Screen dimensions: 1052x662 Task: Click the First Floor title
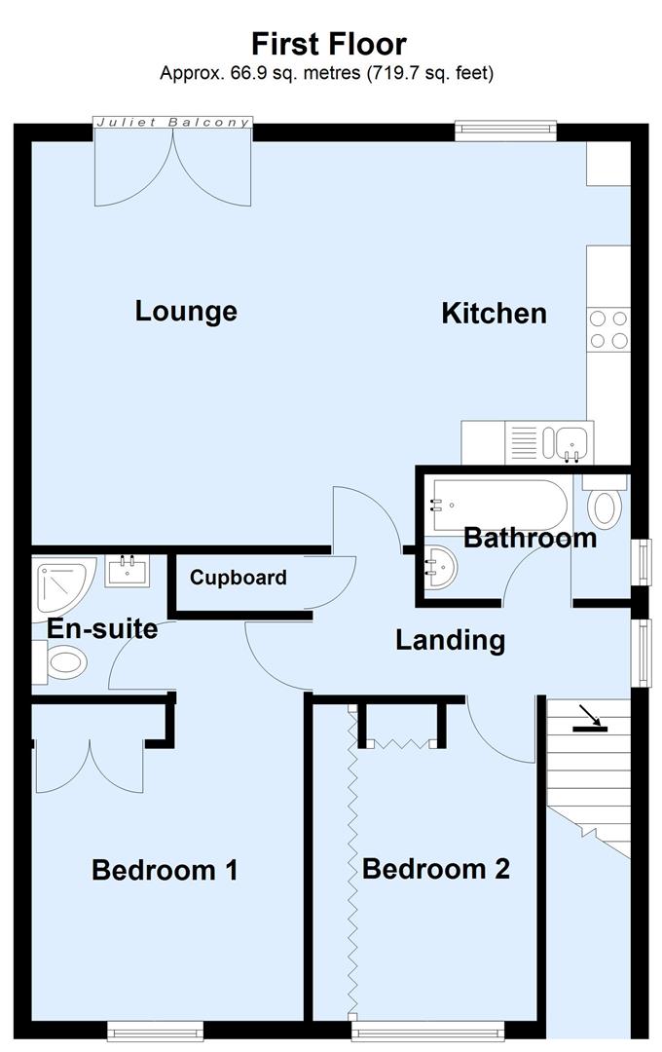coord(329,44)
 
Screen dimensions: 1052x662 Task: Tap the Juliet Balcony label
coord(173,123)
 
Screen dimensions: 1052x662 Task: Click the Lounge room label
coord(186,312)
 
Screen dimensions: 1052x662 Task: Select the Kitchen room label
coord(494,314)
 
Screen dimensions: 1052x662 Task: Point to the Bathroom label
coord(530,538)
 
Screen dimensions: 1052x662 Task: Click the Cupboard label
coord(239,578)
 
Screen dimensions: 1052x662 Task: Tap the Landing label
coord(450,640)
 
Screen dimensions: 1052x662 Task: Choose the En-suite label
coord(102,629)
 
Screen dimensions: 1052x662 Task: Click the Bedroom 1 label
coord(165,869)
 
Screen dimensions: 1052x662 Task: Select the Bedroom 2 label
coord(436,868)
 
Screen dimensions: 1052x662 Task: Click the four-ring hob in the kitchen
coord(608,328)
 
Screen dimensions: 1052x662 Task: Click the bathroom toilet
coord(606,503)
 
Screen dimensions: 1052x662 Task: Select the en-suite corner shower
coord(60,584)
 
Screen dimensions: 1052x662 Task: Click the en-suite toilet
coord(61,664)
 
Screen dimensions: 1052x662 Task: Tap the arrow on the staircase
coord(587,719)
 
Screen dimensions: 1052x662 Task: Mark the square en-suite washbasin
coord(128,570)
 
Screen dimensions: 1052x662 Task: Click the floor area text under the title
coord(327,73)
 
